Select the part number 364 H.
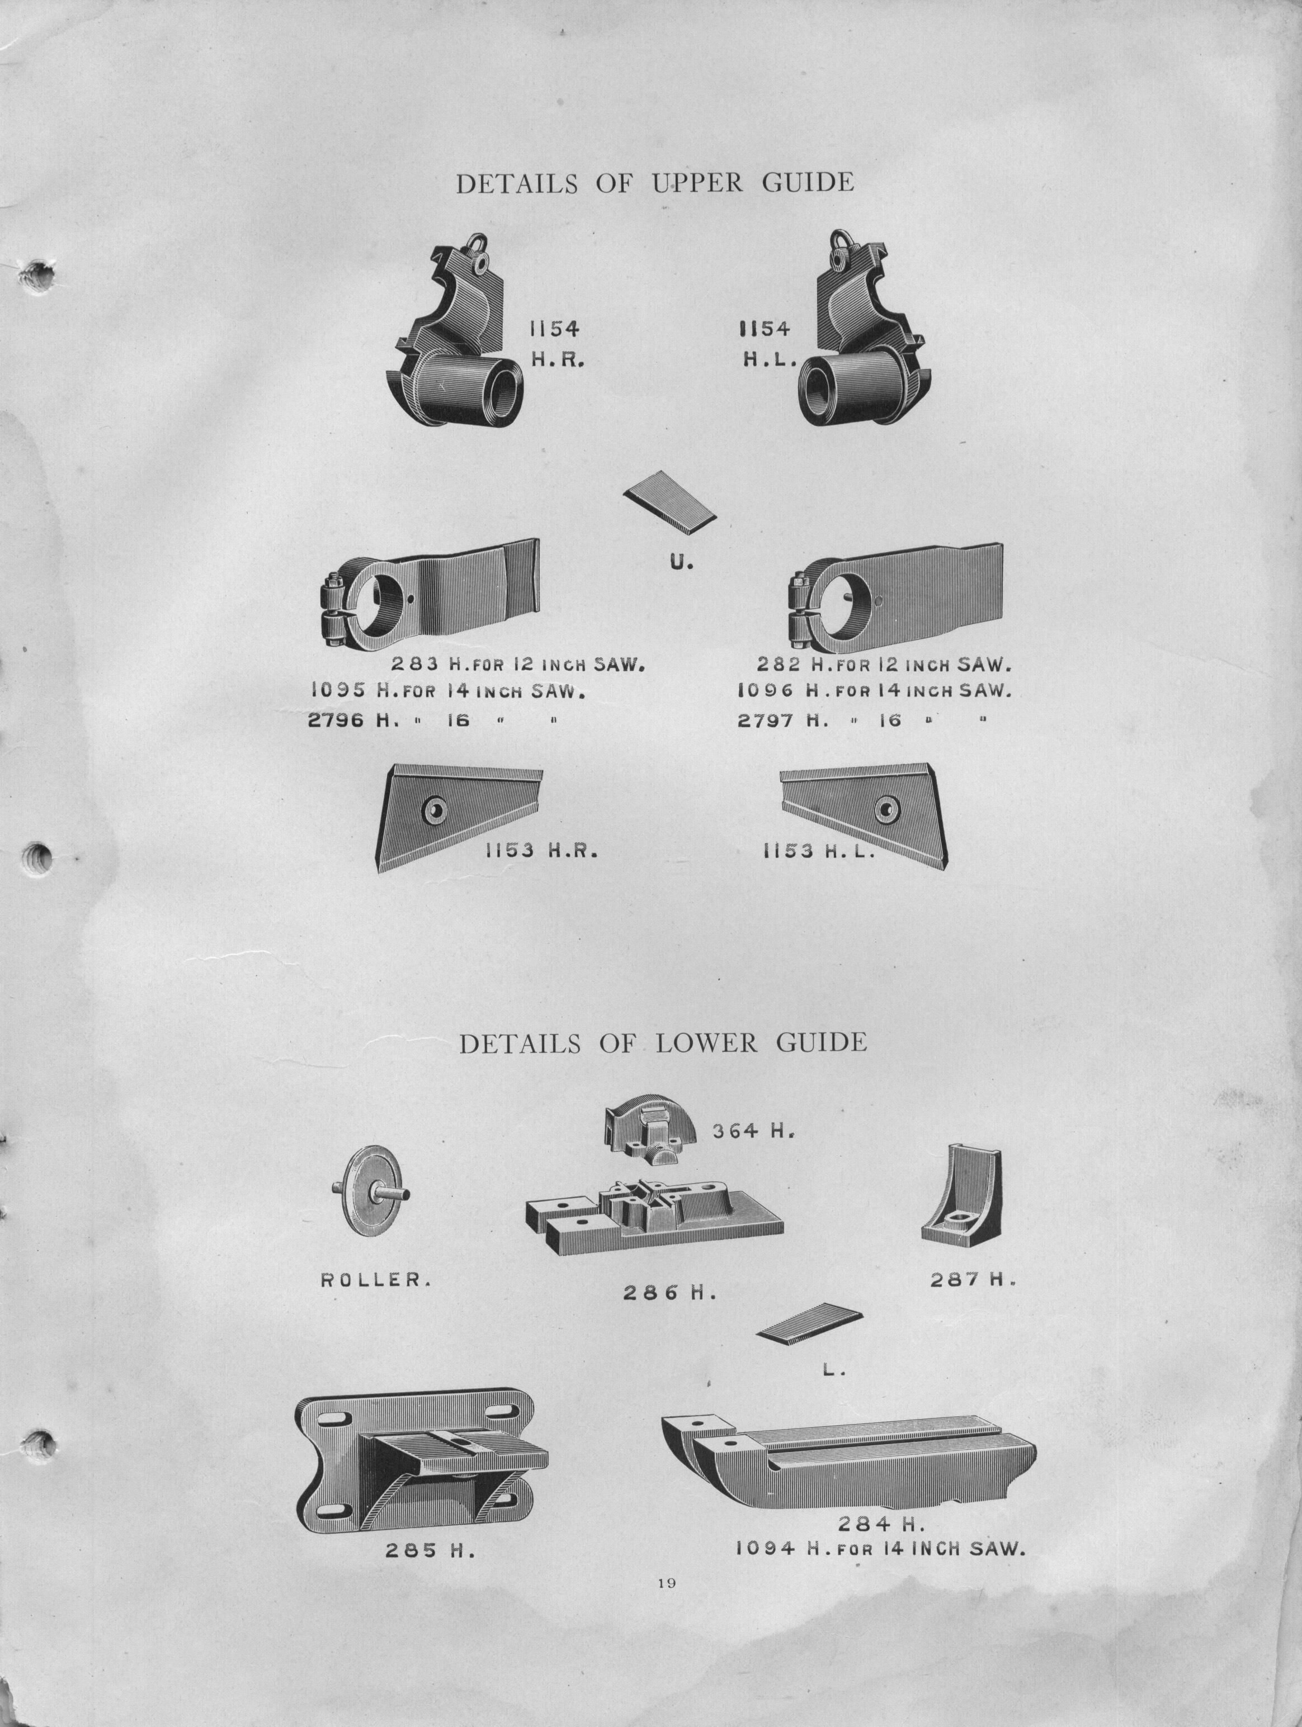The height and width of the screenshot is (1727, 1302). (753, 1131)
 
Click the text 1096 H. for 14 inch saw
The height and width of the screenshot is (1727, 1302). (874, 691)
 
